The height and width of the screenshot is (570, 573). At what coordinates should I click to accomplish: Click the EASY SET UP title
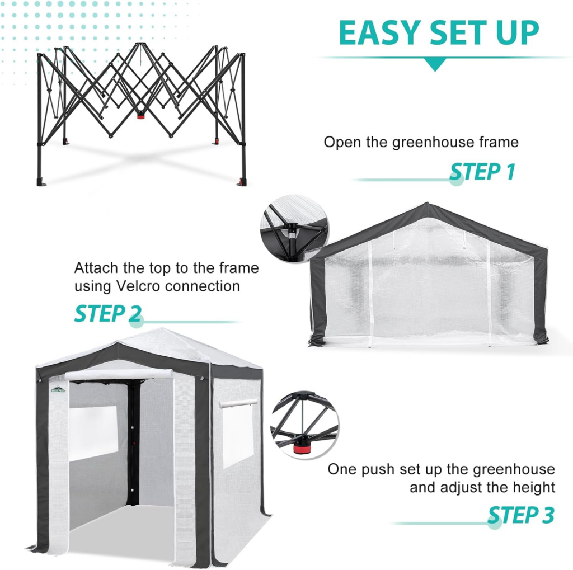439,33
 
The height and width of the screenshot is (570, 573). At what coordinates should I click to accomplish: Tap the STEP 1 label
482,172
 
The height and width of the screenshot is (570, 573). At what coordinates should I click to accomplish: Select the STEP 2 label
107,314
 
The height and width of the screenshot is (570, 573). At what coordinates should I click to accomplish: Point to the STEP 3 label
521,515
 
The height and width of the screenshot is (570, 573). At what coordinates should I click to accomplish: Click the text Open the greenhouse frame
421,142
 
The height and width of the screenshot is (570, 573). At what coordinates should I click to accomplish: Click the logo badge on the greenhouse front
57,389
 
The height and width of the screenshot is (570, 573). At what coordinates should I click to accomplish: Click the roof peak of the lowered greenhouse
428,205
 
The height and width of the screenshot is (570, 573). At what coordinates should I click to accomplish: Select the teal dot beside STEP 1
457,180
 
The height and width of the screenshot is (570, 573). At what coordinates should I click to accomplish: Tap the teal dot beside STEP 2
137,322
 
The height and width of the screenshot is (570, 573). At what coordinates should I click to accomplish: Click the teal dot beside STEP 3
494,523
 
